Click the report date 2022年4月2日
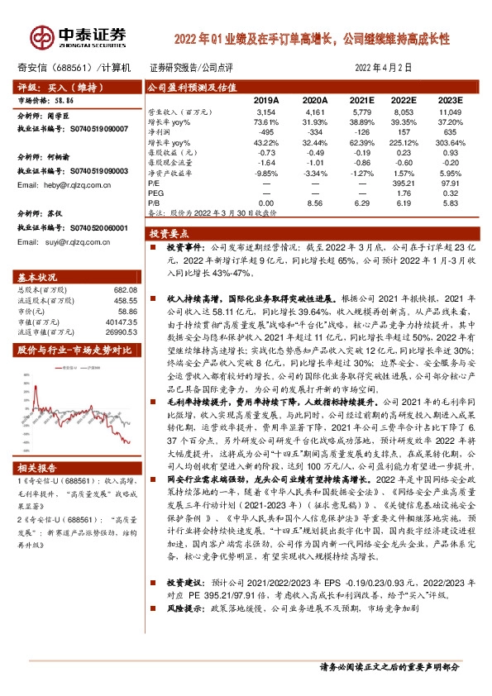coord(383,67)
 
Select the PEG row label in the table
coord(156,192)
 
